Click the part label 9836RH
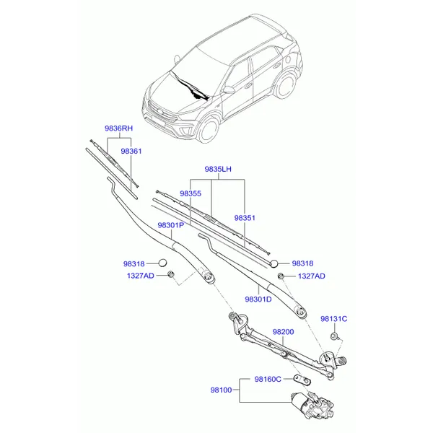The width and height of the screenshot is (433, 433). click(x=119, y=128)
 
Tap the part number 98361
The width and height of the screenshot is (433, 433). click(x=131, y=152)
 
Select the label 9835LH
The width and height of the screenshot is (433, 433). click(x=218, y=169)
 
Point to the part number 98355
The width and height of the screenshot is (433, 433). click(x=191, y=193)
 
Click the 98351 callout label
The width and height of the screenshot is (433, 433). click(x=245, y=218)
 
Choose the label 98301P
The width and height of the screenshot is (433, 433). click(x=170, y=225)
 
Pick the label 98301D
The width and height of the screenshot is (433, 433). click(x=258, y=299)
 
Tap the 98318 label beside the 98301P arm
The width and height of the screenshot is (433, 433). click(x=134, y=264)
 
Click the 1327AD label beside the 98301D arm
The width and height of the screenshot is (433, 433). click(x=312, y=276)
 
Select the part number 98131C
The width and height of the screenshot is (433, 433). click(x=334, y=319)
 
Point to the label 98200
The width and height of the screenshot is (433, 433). click(x=284, y=332)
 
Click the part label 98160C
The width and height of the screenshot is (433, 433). click(x=268, y=380)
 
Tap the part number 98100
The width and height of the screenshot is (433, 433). click(x=222, y=390)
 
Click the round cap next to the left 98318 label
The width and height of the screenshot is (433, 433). click(x=162, y=263)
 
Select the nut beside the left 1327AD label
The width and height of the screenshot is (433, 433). click(x=171, y=274)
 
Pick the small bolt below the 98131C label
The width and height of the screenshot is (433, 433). click(x=335, y=336)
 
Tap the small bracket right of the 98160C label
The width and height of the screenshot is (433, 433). click(x=302, y=380)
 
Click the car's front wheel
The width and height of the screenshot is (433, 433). click(x=209, y=129)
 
